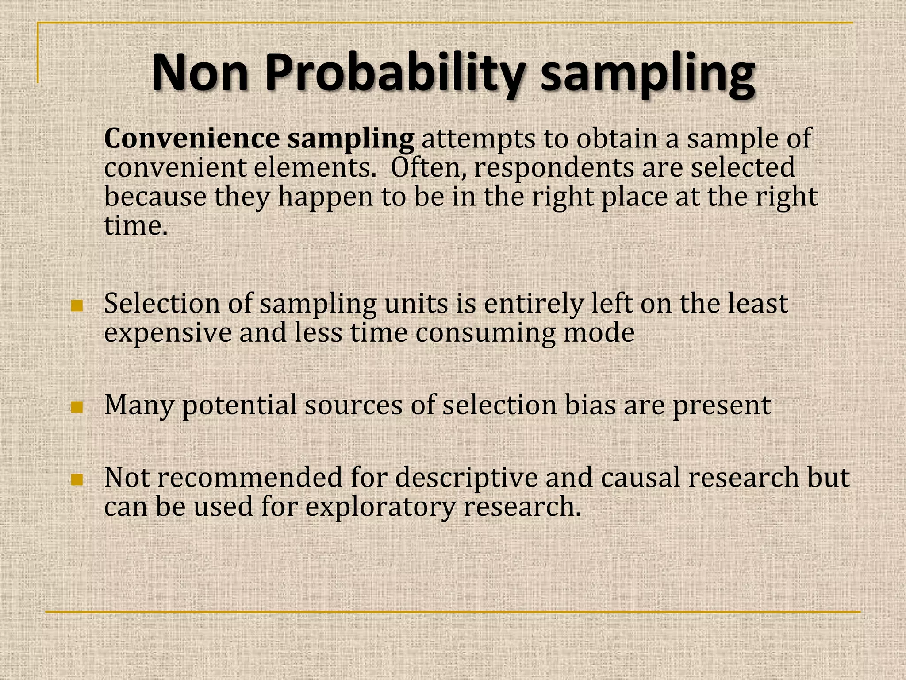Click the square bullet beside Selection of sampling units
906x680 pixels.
tap(77, 305)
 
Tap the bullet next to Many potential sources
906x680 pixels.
tap(77, 407)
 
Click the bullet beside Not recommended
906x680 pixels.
tap(77, 479)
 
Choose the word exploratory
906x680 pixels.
tap(380, 507)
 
